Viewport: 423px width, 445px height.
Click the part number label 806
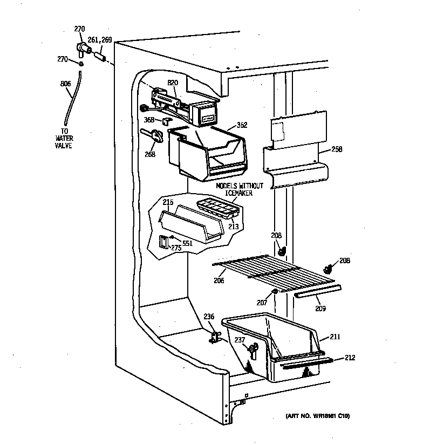[x=65, y=84]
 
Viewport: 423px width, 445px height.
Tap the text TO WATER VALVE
[x=64, y=138]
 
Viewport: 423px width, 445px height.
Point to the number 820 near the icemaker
[x=173, y=83]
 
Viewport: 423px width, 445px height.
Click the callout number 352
[x=242, y=125]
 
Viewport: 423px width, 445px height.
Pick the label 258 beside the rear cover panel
[x=337, y=149]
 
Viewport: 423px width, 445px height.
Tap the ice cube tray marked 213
[x=217, y=208]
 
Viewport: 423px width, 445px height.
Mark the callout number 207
[x=262, y=303]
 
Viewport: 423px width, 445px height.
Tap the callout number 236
[x=209, y=317]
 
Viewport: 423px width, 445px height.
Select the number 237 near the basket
[x=239, y=340]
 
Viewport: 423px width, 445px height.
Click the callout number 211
[x=335, y=338]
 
